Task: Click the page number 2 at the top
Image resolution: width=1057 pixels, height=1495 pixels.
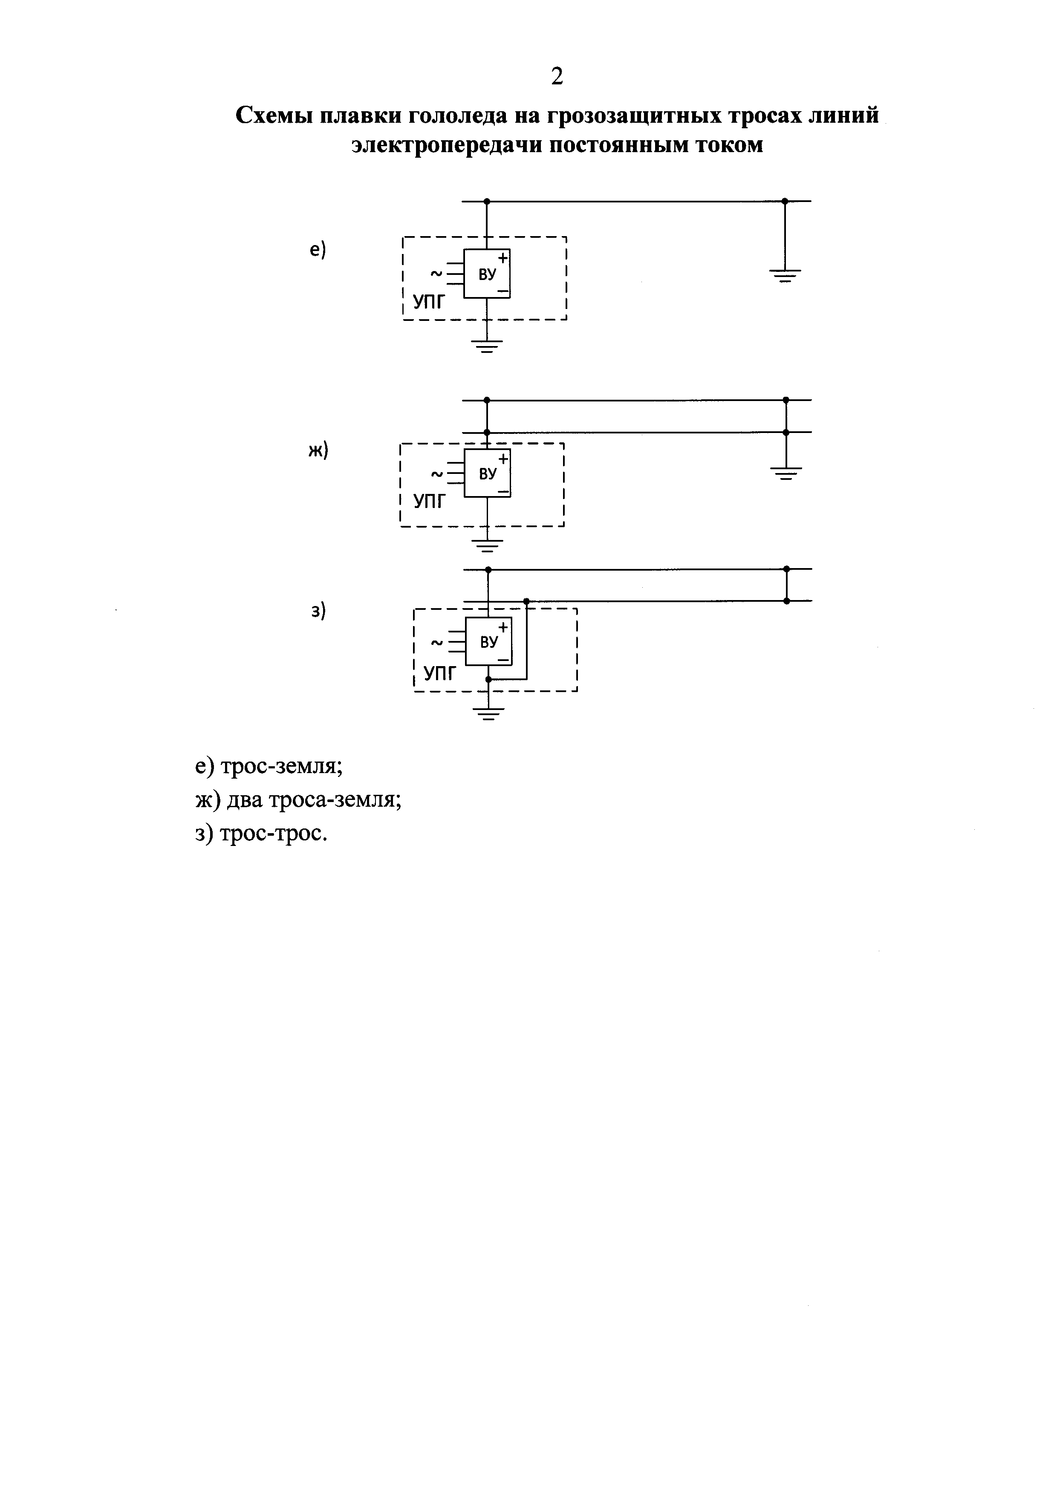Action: point(557,77)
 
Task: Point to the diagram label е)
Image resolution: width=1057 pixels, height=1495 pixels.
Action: point(317,249)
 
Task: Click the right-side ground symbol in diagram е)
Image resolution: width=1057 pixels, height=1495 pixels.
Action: point(785,275)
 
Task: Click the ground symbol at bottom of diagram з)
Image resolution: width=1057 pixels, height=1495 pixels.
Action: point(488,714)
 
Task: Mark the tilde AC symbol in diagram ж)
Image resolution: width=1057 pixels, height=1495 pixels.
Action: point(437,473)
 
